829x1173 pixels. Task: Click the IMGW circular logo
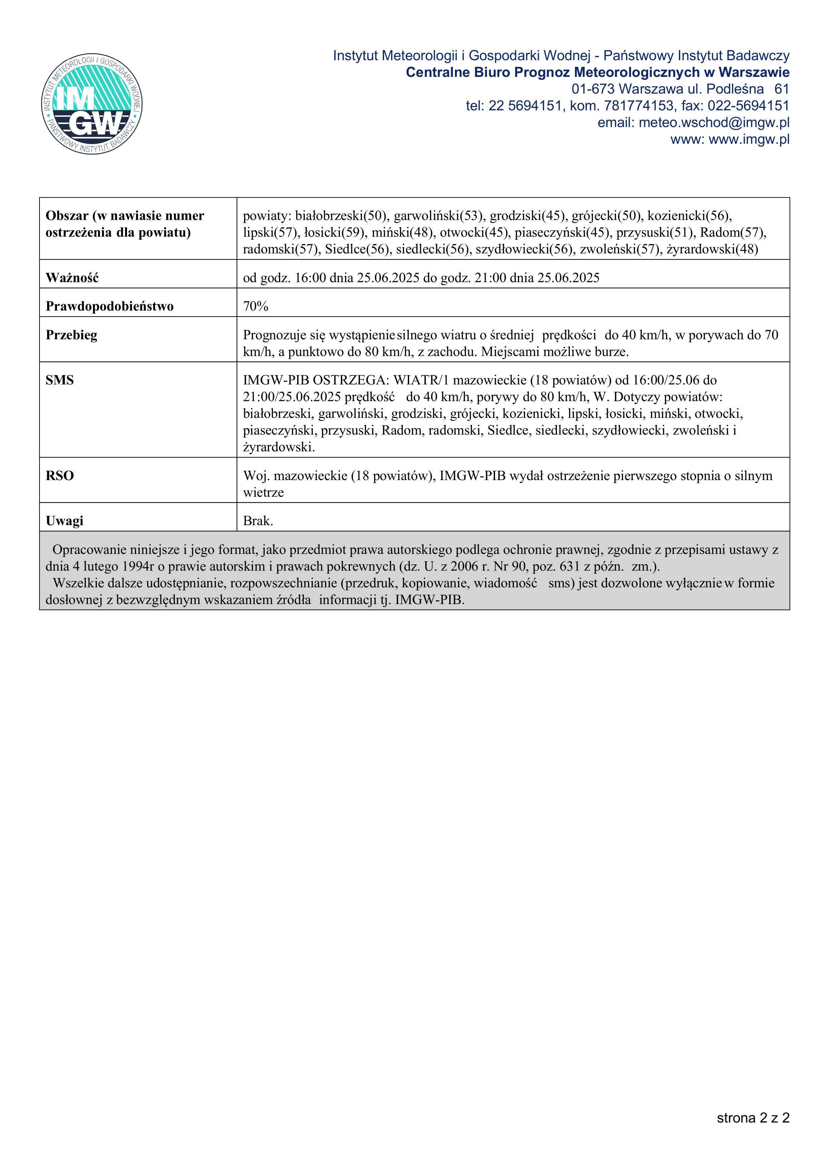[92, 105]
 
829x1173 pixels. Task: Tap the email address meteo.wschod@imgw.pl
[714, 123]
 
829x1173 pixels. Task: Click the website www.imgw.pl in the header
[749, 139]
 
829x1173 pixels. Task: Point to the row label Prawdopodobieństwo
[109, 307]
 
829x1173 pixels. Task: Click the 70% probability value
[255, 307]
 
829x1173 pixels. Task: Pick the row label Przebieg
[71, 335]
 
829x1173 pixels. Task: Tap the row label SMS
[60, 380]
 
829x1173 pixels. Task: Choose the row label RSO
[60, 476]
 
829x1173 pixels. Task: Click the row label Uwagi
[65, 521]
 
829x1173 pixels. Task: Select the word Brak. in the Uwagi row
[258, 521]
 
